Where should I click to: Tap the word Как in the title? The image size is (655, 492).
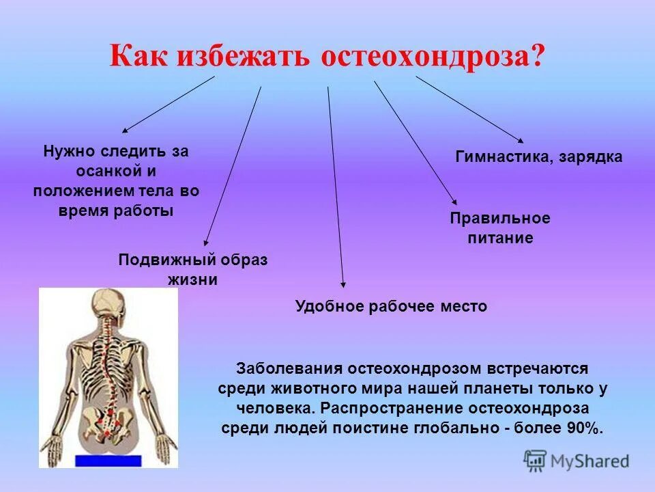(x=141, y=56)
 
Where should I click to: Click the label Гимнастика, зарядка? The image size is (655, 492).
(x=538, y=156)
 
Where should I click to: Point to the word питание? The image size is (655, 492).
(x=499, y=238)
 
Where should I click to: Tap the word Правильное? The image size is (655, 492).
(x=499, y=219)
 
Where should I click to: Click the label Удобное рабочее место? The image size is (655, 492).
(x=391, y=306)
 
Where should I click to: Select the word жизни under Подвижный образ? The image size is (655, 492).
(x=192, y=279)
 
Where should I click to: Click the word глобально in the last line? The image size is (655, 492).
(x=468, y=428)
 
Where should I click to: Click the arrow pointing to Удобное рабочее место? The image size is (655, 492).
(x=336, y=184)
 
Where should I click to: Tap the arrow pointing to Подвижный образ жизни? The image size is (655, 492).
(x=233, y=164)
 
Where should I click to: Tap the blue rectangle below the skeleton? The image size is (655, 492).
(x=108, y=461)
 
